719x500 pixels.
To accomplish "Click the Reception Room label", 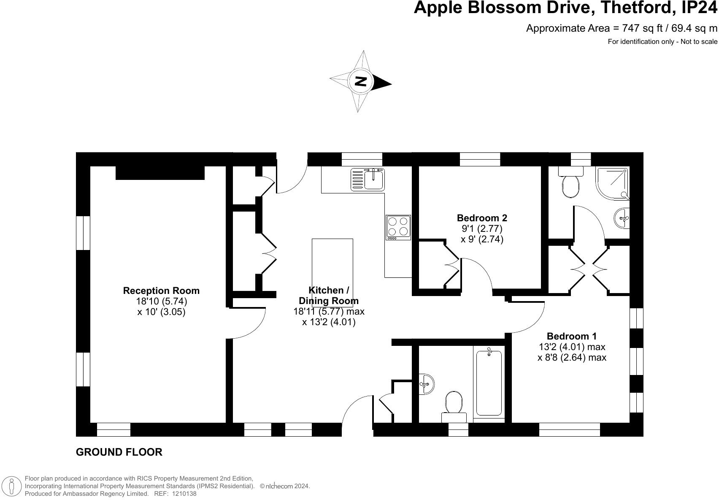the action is point(161,291).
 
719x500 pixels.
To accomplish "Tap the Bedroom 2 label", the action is point(482,218).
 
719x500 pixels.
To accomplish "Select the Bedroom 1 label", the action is point(572,336).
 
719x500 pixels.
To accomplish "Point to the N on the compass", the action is point(361,81).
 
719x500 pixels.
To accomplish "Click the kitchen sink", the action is point(368,179).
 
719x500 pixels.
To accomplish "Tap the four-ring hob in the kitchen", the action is point(398,227).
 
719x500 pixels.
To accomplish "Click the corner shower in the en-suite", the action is point(612,183).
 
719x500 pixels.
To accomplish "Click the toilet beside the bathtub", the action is point(454,407).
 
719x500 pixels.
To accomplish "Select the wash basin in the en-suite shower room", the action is point(622,218).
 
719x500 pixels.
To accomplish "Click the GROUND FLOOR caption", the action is point(119,452).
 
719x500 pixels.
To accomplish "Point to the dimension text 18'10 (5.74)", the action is point(162,301).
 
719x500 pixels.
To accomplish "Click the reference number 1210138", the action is point(184,494).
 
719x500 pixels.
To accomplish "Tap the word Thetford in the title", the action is point(635,8).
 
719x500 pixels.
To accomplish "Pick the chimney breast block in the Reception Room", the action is point(160,173).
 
